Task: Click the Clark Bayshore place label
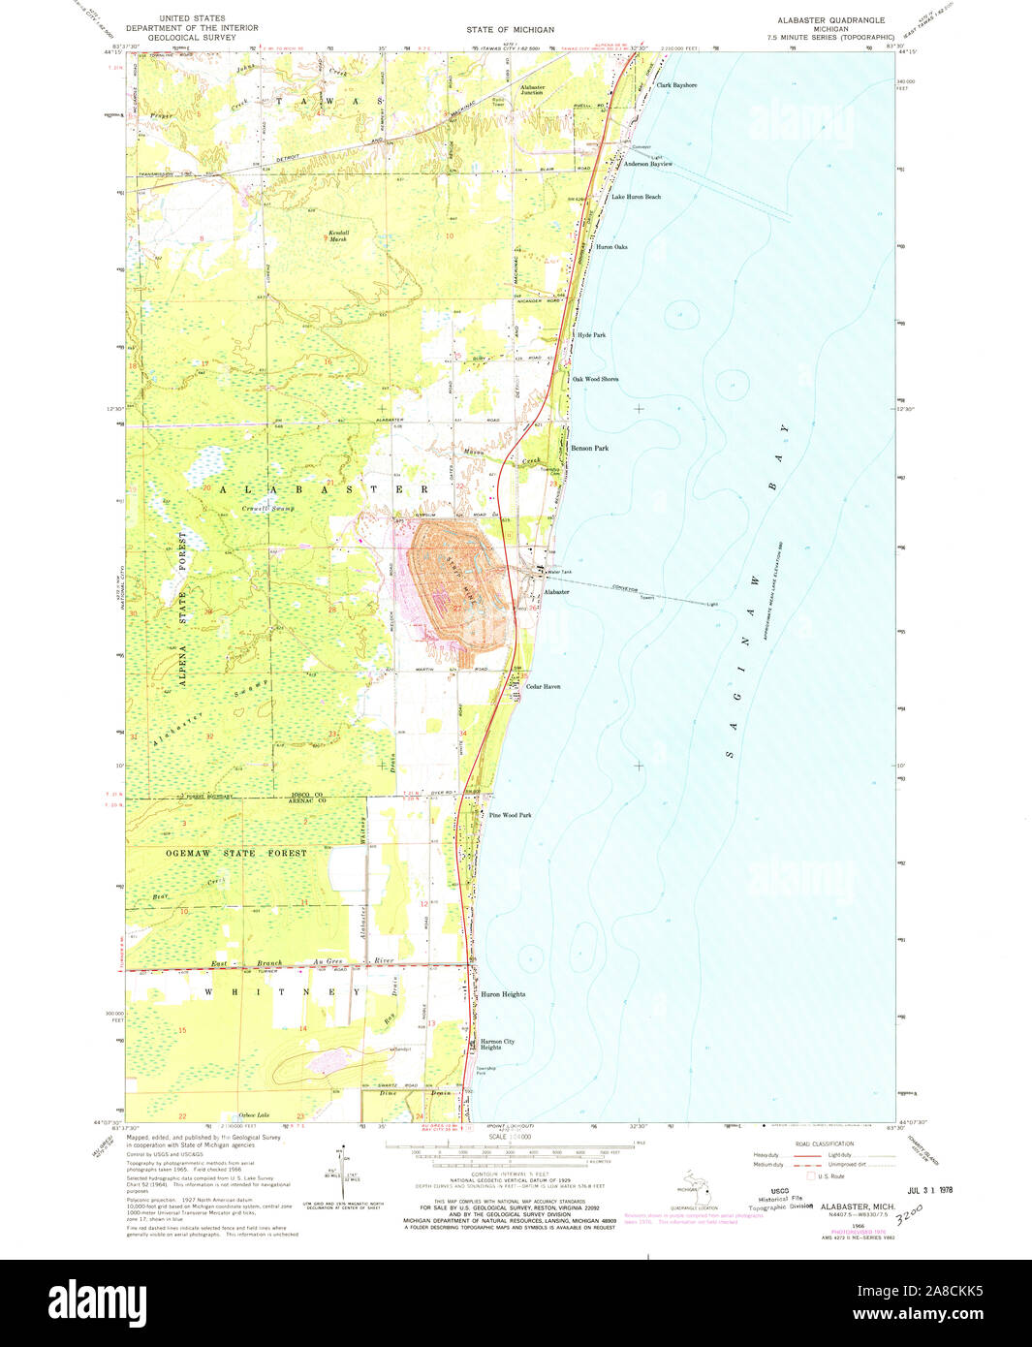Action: [x=676, y=85]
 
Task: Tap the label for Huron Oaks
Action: [x=611, y=247]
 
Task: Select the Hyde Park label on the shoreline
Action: [x=591, y=335]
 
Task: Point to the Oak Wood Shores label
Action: [x=595, y=379]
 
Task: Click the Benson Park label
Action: [x=589, y=449]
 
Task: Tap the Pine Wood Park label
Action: [x=511, y=815]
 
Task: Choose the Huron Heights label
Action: [x=503, y=994]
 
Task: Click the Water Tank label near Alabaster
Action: [x=560, y=573]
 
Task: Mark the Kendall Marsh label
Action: [x=337, y=235]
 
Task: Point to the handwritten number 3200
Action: [x=910, y=1211]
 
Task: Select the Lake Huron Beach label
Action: [x=636, y=197]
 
